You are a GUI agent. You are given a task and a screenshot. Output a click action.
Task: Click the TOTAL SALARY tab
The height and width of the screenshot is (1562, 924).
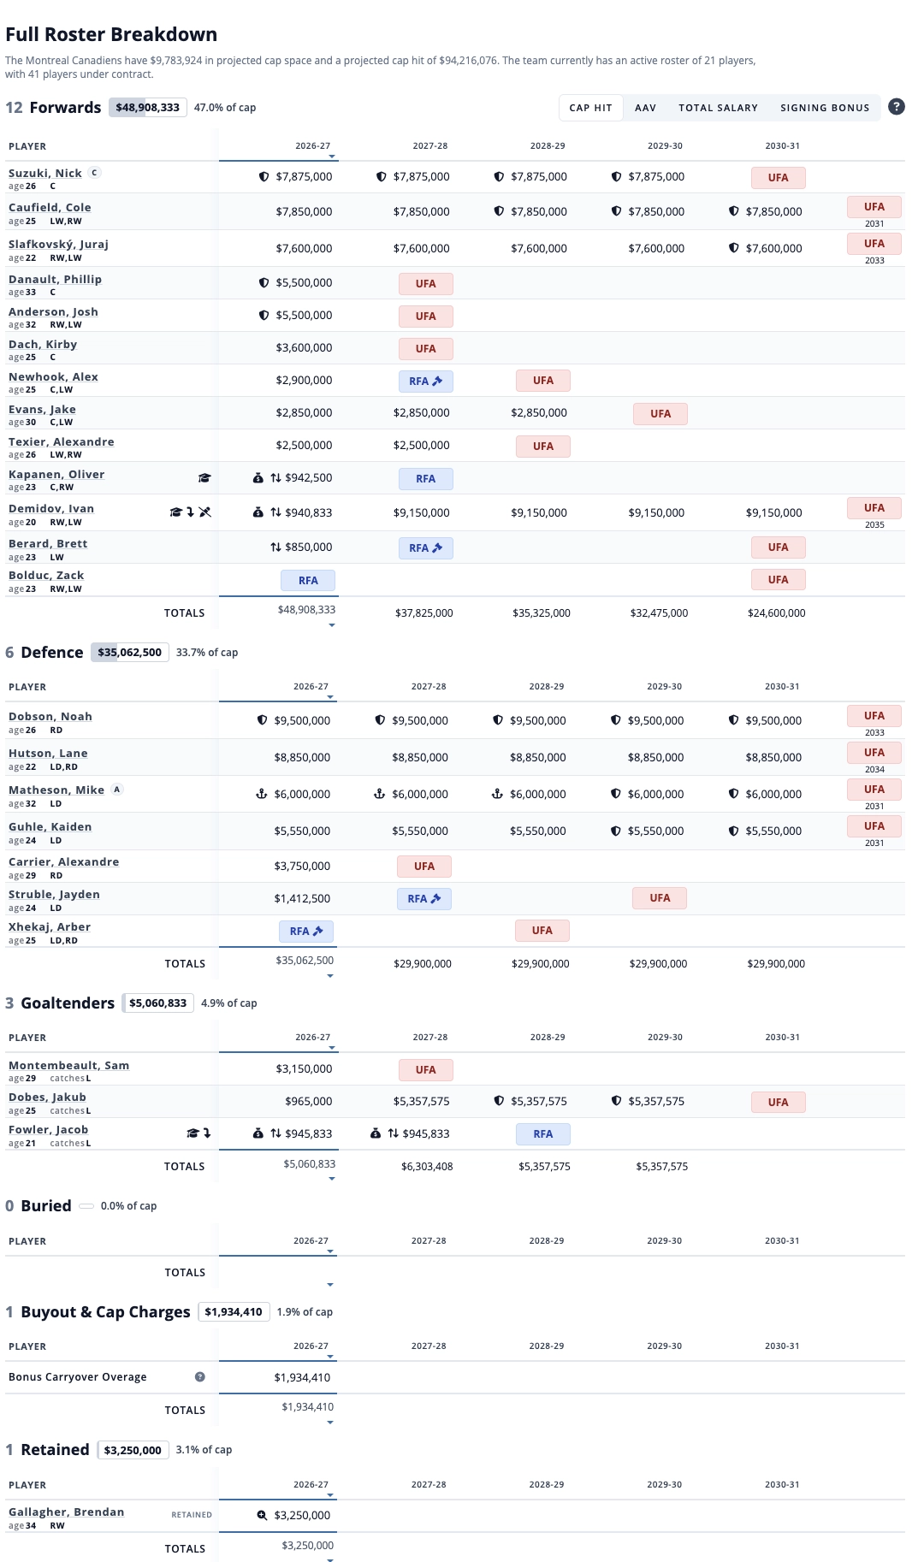(x=718, y=108)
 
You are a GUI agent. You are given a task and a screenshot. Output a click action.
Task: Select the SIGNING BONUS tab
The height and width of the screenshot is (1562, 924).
(x=825, y=108)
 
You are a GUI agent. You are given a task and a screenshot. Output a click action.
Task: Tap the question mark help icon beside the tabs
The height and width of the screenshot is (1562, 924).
(x=896, y=107)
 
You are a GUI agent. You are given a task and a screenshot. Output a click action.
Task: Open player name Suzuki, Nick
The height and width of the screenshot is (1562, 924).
(x=45, y=173)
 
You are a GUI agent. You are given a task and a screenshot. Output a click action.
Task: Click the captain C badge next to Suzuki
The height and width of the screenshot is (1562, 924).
(x=95, y=172)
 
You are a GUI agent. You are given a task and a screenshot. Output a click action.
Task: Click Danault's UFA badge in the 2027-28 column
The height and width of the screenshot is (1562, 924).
(x=426, y=284)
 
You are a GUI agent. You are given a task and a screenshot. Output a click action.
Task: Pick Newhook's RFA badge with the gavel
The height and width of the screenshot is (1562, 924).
(x=426, y=382)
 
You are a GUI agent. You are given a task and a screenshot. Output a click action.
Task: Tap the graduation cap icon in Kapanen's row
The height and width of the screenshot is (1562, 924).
(x=204, y=478)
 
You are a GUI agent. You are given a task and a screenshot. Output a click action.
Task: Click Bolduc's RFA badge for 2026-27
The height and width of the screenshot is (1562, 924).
(x=308, y=581)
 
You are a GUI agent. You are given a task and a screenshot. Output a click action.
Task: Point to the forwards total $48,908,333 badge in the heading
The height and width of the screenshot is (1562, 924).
(x=148, y=108)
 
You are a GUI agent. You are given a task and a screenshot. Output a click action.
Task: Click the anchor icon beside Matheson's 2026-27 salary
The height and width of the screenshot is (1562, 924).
(x=262, y=794)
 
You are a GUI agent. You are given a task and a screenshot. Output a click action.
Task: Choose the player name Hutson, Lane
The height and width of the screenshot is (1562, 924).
(x=48, y=753)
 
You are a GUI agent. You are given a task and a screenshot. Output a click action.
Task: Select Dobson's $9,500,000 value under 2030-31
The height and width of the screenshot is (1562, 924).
(x=773, y=720)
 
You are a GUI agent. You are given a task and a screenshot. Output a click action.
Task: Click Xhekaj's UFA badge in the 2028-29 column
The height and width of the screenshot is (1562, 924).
(x=542, y=931)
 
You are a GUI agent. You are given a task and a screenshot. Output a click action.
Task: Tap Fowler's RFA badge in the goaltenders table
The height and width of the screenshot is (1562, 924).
(x=543, y=1134)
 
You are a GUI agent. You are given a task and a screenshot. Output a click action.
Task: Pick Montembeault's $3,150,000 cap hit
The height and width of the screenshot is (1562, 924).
(x=304, y=1068)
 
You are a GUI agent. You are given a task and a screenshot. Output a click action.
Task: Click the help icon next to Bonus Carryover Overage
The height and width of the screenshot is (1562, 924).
(x=200, y=1376)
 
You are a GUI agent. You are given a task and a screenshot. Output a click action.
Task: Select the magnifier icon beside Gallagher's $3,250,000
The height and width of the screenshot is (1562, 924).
(x=263, y=1515)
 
